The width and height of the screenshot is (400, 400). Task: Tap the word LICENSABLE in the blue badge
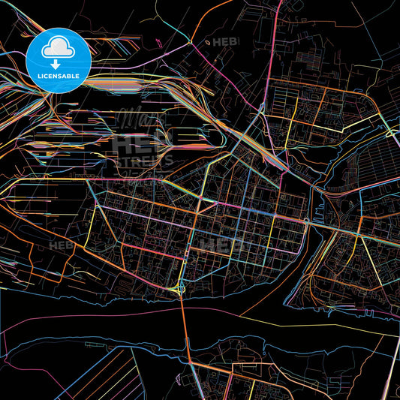[58, 76]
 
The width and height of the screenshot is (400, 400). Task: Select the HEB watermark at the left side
[62, 245]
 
